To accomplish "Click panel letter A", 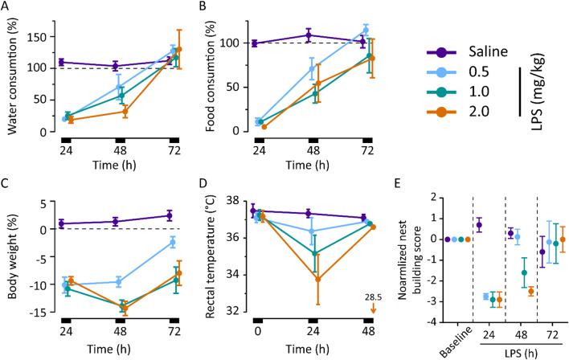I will click(6, 7).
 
